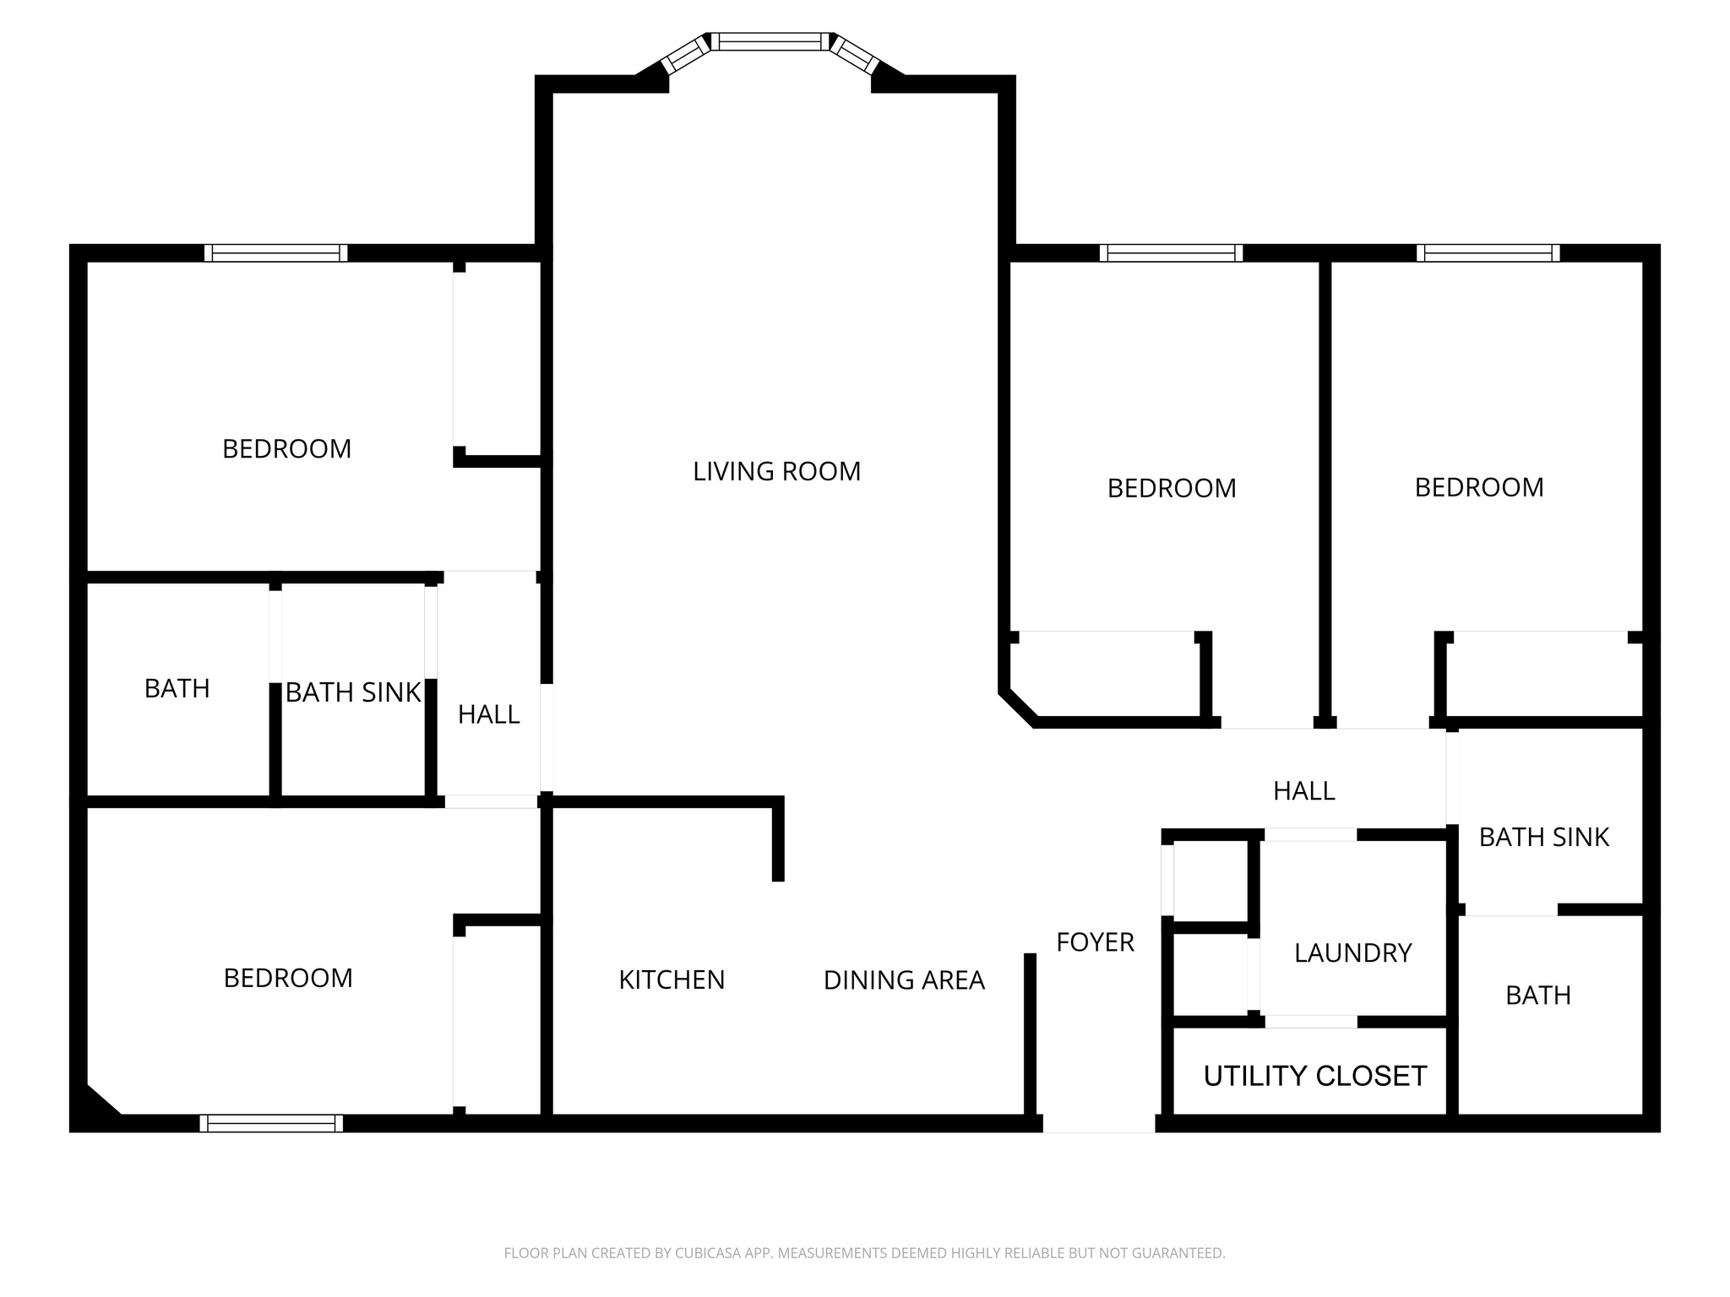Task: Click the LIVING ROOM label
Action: pyautogui.click(x=776, y=471)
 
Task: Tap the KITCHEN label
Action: pyautogui.click(x=672, y=980)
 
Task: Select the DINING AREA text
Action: pyautogui.click(x=904, y=980)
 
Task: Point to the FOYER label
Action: pyautogui.click(x=1095, y=942)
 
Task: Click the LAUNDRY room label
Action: pyautogui.click(x=1352, y=953)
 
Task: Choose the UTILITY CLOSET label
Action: pyautogui.click(x=1314, y=1076)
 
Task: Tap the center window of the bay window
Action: pyautogui.click(x=770, y=41)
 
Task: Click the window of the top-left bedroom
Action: pyautogui.click(x=276, y=252)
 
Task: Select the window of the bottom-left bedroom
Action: pyautogui.click(x=271, y=1123)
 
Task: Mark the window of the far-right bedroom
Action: pyautogui.click(x=1488, y=252)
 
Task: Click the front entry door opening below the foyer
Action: pyautogui.click(x=1098, y=1124)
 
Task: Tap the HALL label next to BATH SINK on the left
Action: pyautogui.click(x=488, y=715)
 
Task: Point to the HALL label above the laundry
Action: pyautogui.click(x=1303, y=791)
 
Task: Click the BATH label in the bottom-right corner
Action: pyautogui.click(x=1537, y=996)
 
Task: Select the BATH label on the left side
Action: pyautogui.click(x=177, y=689)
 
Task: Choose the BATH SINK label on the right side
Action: pyautogui.click(x=1543, y=838)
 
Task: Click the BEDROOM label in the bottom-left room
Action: pyautogui.click(x=288, y=978)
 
